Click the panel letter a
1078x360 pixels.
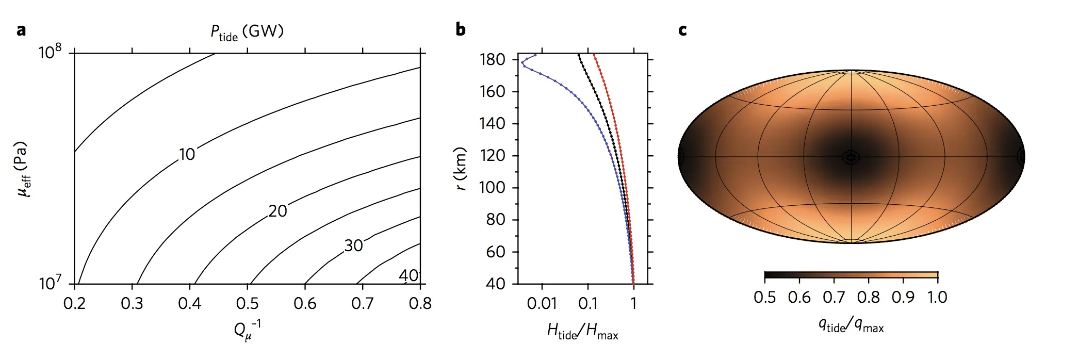coord(21,30)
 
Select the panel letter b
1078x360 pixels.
coord(461,29)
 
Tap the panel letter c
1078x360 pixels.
coord(682,30)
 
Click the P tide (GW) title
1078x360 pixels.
coord(247,32)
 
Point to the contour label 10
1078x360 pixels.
coord(187,154)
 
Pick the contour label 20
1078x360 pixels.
coord(277,211)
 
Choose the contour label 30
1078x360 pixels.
coord(353,246)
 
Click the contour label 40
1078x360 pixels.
coord(409,275)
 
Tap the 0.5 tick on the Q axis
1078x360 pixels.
coord(248,303)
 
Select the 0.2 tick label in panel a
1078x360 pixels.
coord(75,303)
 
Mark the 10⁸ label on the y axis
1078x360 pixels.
coord(50,52)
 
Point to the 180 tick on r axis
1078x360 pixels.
coord(492,60)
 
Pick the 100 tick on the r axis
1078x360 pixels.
coord(492,187)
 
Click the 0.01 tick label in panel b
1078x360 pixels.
coord(542,303)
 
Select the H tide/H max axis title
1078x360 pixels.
coord(582,331)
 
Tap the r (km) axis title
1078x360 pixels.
coord(461,169)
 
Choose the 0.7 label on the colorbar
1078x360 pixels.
coord(834,297)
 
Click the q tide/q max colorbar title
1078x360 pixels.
coord(851,325)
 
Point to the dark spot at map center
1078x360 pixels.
coord(851,157)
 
